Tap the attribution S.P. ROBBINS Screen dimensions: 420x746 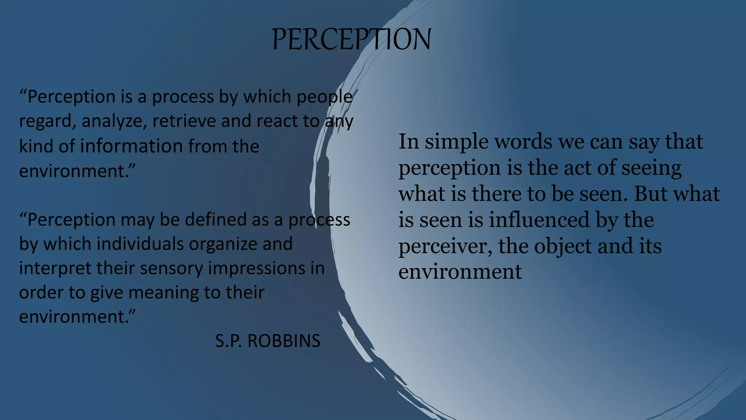(x=268, y=341)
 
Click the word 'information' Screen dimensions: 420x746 (x=131, y=146)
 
